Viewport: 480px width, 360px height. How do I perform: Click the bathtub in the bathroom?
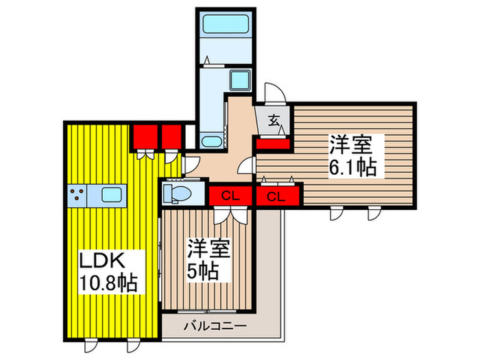click(226, 29)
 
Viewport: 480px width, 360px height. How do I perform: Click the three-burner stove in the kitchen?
click(78, 195)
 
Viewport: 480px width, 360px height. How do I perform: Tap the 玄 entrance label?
click(273, 122)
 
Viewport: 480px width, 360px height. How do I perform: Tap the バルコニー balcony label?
click(214, 326)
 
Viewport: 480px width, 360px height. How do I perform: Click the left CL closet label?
click(231, 197)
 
